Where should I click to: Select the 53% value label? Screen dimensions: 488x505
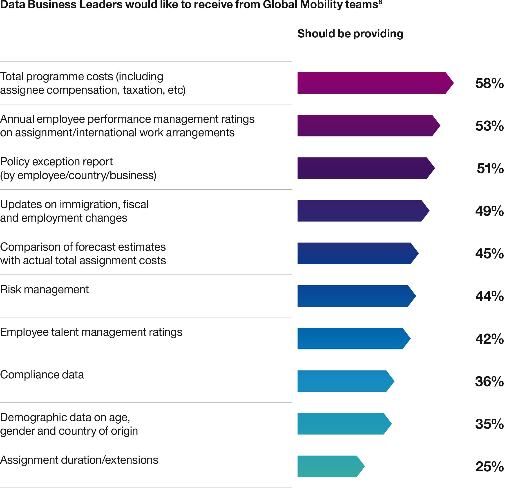[489, 126]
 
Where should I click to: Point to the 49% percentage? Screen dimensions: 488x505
[489, 211]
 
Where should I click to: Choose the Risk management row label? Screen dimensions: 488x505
[44, 290]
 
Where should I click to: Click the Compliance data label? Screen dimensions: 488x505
[42, 375]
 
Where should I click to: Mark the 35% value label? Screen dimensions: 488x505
[489, 424]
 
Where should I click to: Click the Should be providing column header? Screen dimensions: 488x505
[350, 34]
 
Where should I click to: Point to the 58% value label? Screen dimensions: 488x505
[489, 83]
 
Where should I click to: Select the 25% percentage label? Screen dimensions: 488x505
[489, 466]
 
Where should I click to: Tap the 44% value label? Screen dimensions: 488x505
[489, 296]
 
